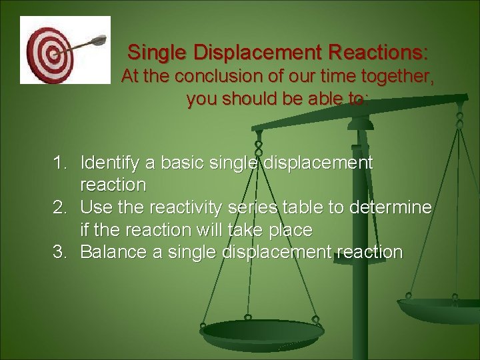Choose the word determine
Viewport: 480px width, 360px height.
(387, 207)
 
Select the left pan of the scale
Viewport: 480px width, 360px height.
(261, 330)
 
